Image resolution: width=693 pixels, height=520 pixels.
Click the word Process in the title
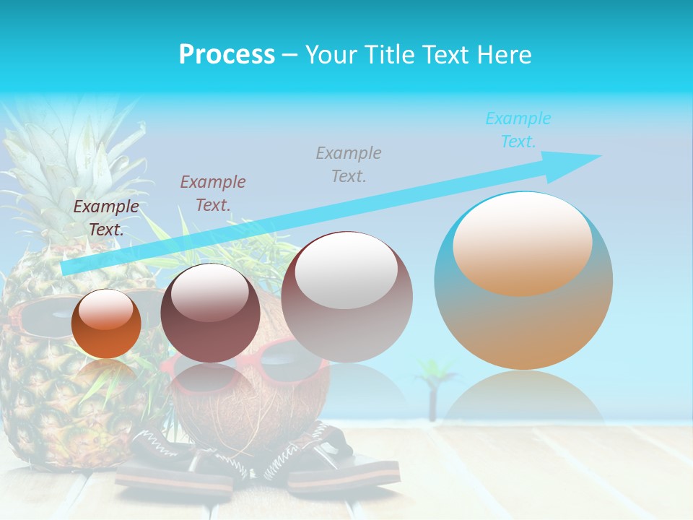[x=227, y=55]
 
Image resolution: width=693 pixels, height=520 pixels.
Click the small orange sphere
[x=106, y=324]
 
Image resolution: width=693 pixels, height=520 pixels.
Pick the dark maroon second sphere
[x=210, y=313]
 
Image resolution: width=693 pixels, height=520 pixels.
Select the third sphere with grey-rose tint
[x=346, y=297]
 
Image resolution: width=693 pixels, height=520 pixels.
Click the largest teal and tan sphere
[x=523, y=281]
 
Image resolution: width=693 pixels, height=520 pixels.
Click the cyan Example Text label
[x=518, y=130]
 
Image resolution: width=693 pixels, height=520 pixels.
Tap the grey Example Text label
[x=349, y=164]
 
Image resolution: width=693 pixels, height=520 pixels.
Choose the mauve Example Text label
[x=213, y=194]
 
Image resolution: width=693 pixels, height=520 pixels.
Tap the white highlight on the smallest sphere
[x=106, y=309]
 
